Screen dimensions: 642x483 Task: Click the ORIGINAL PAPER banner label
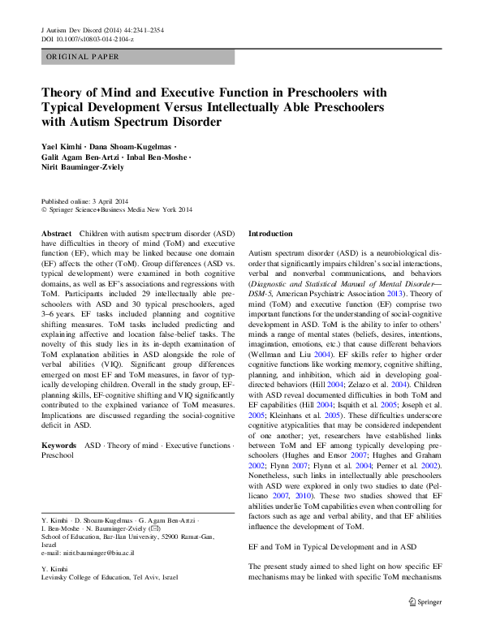pyautogui.click(x=82, y=57)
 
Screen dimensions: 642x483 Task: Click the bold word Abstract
pyautogui.click(x=56, y=233)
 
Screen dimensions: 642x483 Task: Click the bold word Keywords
pyautogui.click(x=60, y=446)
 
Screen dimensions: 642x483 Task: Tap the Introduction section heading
pyautogui.click(x=270, y=234)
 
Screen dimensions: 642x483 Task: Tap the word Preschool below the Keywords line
pyautogui.click(x=57, y=456)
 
